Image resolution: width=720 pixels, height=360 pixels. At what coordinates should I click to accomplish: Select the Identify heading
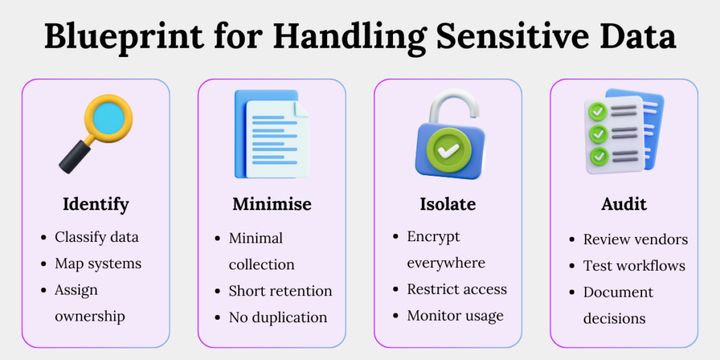click(x=96, y=205)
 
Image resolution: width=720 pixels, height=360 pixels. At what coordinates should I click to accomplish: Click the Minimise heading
click(x=271, y=205)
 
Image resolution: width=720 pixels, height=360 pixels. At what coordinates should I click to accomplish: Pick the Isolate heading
click(x=447, y=205)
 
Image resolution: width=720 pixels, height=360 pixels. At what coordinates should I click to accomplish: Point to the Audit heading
click(x=624, y=205)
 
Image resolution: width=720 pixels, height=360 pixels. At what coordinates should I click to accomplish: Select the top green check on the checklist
click(x=598, y=111)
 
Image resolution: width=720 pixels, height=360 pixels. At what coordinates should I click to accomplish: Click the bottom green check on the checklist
click(x=598, y=154)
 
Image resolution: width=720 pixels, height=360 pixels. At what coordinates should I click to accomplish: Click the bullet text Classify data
click(x=96, y=237)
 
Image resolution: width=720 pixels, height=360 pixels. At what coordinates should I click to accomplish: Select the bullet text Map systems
click(x=98, y=264)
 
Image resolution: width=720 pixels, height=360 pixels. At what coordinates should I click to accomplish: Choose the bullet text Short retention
click(x=280, y=290)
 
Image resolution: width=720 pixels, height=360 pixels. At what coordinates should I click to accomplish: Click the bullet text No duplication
click(x=278, y=317)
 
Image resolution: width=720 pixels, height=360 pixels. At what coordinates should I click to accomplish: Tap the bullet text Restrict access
click(x=456, y=289)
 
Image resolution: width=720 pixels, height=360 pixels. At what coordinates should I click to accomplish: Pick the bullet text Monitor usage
click(x=455, y=316)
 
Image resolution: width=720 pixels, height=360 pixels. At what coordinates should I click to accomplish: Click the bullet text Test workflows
click(x=634, y=266)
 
